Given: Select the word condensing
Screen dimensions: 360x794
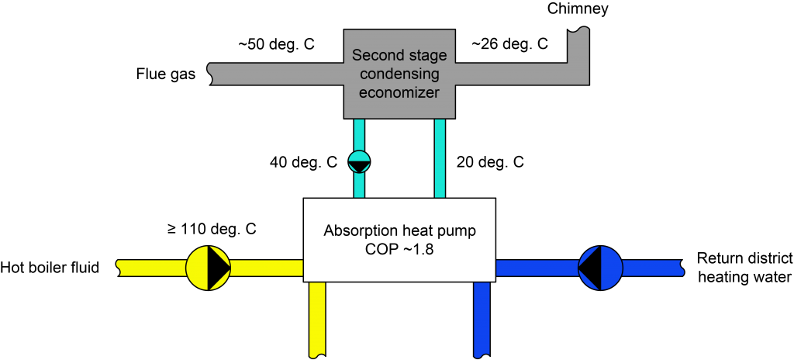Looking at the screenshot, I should pyautogui.click(x=400, y=74).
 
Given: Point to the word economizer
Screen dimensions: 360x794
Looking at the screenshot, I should pyautogui.click(x=400, y=92).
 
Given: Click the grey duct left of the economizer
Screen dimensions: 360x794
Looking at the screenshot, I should pyautogui.click(x=279, y=74).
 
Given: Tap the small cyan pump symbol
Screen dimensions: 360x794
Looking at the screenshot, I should pyautogui.click(x=359, y=161).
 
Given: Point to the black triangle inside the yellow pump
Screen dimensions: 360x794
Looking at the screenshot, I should pyautogui.click(x=220, y=268).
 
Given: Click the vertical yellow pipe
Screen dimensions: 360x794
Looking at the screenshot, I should pyautogui.click(x=317, y=318).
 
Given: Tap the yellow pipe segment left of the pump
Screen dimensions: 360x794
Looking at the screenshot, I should pyautogui.click(x=151, y=268).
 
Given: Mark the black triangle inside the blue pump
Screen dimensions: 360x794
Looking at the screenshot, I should pyautogui.click(x=589, y=268).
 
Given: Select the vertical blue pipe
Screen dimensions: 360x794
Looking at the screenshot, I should pyautogui.click(x=482, y=318).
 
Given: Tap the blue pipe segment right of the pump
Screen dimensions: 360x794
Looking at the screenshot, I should pyautogui.click(x=651, y=268).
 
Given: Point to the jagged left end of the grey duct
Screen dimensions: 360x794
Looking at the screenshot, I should pyautogui.click(x=213, y=74).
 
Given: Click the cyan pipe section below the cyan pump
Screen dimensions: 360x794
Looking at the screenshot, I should pyautogui.click(x=359, y=185).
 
